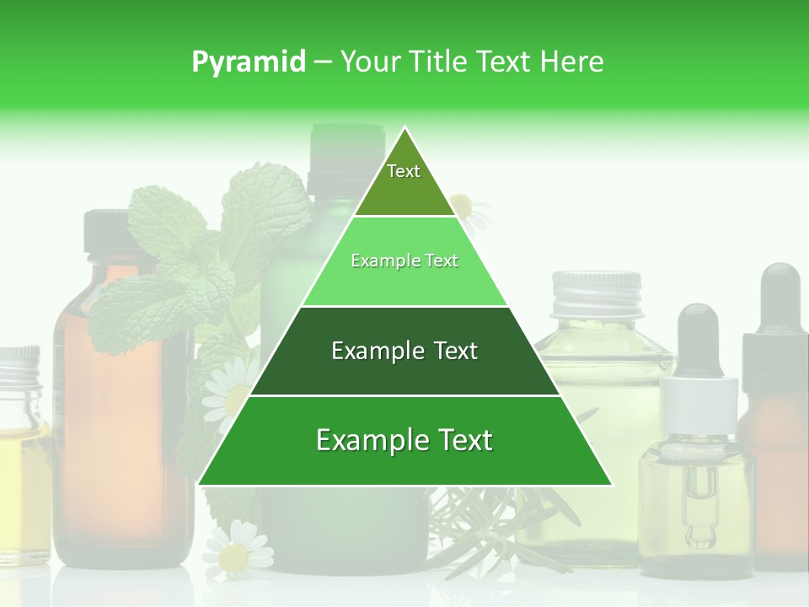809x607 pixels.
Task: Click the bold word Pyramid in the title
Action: click(248, 62)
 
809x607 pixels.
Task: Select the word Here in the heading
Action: click(572, 62)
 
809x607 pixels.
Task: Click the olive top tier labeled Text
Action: click(404, 180)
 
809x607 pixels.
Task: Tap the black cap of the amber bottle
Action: click(105, 232)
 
